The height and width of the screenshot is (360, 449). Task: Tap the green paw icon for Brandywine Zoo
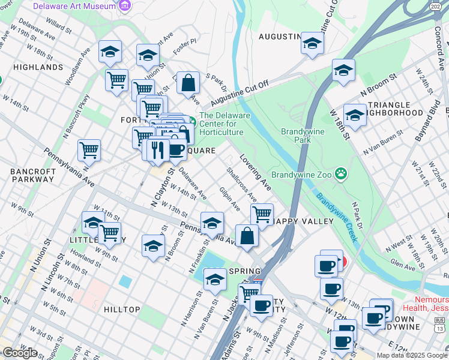click(341, 174)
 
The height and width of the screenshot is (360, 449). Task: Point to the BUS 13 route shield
click(440, 325)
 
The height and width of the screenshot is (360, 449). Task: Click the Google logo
click(20, 353)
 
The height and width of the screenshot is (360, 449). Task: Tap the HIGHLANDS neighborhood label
click(38, 67)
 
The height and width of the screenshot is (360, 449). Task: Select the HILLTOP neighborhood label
click(122, 310)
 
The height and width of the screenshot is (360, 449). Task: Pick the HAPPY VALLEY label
click(303, 221)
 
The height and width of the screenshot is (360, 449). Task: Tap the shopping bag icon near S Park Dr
click(188, 83)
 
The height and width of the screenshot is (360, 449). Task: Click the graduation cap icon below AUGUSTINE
click(312, 43)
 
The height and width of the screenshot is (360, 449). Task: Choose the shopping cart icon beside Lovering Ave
click(262, 214)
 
